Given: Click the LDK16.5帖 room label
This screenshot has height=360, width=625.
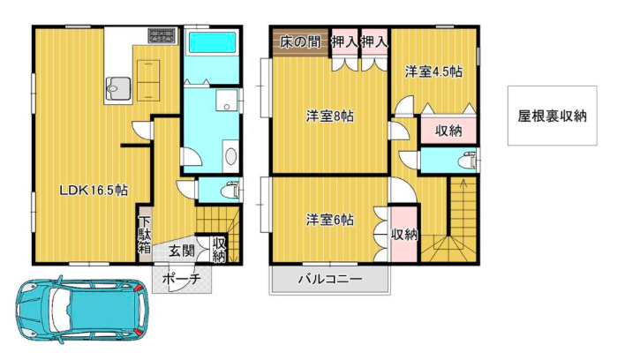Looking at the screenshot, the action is tap(94, 191).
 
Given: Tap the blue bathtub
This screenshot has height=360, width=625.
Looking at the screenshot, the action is tap(213, 42).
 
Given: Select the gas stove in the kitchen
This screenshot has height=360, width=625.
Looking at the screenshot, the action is tap(162, 35).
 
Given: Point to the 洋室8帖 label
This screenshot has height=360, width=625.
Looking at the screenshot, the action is tap(329, 116).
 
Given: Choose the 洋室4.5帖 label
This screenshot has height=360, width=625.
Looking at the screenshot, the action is tap(433, 72).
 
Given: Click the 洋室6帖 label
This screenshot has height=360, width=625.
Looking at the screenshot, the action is tap(329, 220).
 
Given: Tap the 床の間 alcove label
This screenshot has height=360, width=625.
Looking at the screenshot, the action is tap(300, 41).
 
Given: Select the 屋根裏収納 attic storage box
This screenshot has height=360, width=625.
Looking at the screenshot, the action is tap(552, 116).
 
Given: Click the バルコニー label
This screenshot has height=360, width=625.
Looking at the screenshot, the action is tap(330, 279).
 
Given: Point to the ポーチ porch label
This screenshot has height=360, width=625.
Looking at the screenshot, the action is tap(181, 279).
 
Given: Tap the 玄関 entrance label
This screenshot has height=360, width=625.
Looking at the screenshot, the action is tap(181, 251).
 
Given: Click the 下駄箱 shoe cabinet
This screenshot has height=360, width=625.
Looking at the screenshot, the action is tap(145, 234).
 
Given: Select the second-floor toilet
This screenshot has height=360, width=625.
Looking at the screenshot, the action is tap(468, 161).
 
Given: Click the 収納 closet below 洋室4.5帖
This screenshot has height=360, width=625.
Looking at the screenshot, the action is tap(448, 131).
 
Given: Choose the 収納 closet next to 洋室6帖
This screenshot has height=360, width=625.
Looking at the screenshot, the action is tap(404, 234).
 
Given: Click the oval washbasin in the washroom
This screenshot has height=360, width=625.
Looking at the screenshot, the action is tap(230, 156).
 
